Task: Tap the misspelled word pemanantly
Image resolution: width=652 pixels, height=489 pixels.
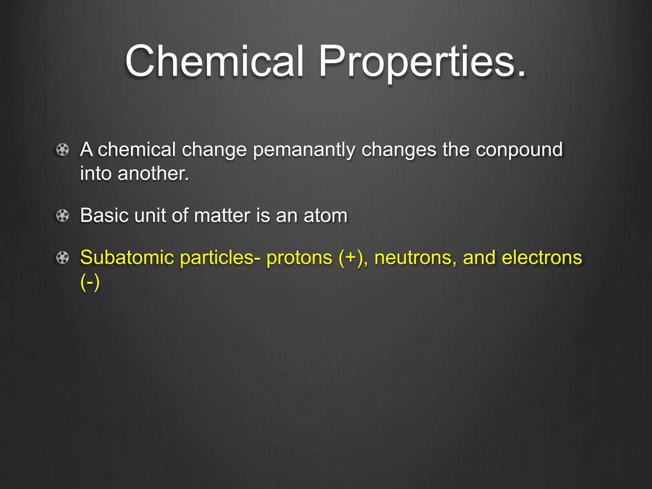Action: pos(304,150)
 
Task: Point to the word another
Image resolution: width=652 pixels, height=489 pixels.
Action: pos(153,174)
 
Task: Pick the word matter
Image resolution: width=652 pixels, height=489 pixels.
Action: pos(222,216)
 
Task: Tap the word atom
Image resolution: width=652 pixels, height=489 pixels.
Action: pos(325,216)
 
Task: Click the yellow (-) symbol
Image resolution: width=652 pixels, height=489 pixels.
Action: pos(90,282)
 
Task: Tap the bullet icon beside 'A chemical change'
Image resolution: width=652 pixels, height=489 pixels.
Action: pos(62,150)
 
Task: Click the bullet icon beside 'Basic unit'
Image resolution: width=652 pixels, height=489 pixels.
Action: pos(62,216)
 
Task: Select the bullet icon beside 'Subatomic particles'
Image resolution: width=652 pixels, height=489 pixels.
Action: pos(62,258)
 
